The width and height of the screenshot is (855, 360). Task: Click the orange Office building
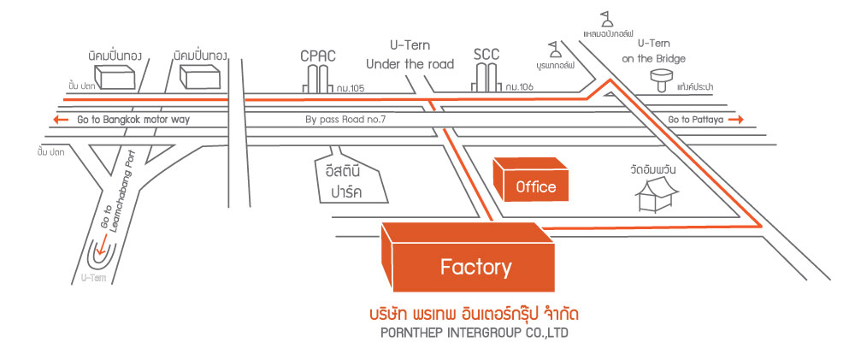click(x=531, y=180)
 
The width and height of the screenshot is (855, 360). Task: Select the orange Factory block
click(x=468, y=257)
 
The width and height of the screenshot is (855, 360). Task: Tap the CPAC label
click(x=318, y=56)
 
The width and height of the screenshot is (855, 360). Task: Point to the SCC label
click(x=487, y=54)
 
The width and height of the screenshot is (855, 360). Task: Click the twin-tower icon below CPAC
click(x=318, y=79)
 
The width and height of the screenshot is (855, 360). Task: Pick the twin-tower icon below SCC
click(x=486, y=78)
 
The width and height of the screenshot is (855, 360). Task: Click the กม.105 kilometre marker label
click(x=350, y=88)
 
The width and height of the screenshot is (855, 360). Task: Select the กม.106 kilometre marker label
click(x=519, y=86)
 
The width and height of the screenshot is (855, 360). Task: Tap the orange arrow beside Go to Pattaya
click(x=735, y=120)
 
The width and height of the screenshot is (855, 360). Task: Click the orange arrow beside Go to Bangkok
click(x=61, y=120)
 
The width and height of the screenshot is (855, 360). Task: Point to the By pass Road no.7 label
click(x=345, y=120)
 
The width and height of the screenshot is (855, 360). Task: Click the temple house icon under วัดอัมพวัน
click(x=657, y=194)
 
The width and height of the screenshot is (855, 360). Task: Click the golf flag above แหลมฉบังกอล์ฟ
click(x=606, y=19)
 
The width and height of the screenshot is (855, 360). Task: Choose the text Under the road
click(x=410, y=64)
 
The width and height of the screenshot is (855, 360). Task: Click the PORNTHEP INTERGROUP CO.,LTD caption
click(x=474, y=333)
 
